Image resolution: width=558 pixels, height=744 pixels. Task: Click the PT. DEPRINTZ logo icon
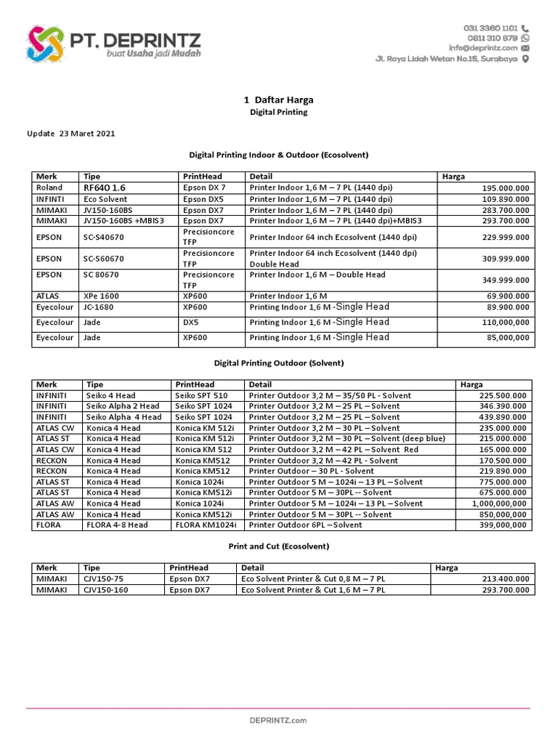pos(45,43)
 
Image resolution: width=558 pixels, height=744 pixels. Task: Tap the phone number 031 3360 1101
pos(490,28)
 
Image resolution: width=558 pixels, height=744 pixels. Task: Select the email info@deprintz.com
pos(482,48)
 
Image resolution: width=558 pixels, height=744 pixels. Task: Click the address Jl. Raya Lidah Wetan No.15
pos(446,59)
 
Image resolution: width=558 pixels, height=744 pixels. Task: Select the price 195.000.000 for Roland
pos(506,188)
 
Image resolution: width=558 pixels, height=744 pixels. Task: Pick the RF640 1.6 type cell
pos(105,187)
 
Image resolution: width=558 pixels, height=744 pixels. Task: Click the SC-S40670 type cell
pos(108,236)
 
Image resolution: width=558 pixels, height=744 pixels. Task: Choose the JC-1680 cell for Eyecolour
pos(100,307)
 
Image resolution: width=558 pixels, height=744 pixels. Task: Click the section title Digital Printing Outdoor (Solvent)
pos(278,363)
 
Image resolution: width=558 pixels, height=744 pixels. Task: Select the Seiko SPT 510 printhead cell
pos(200,396)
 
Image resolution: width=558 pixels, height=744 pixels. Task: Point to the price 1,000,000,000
pos(501,504)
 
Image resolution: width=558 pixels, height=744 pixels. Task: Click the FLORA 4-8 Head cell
pos(117,525)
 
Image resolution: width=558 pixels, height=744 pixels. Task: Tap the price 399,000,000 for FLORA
pos(504,525)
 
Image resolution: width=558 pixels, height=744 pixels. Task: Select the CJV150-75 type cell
pos(105,579)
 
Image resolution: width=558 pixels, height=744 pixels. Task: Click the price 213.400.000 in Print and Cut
pos(506,579)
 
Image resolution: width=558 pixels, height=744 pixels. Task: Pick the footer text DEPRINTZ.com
pos(278,720)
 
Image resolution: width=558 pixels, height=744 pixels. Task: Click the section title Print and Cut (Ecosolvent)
pos(278,546)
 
